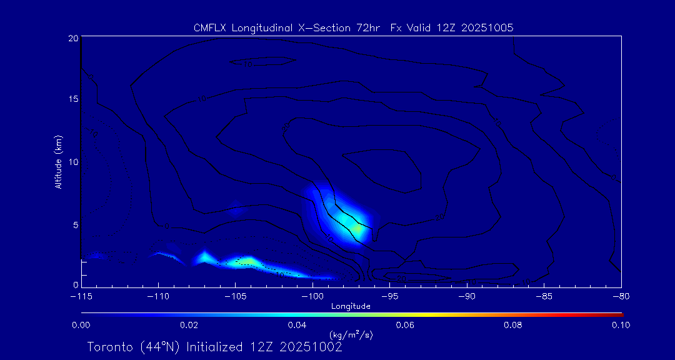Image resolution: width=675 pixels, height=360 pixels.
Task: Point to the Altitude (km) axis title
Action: (x=59, y=162)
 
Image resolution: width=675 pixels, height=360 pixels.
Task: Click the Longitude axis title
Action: (x=351, y=306)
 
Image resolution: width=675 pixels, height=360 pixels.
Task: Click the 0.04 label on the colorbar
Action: (x=297, y=325)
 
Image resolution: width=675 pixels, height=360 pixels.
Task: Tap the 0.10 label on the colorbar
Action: (x=621, y=325)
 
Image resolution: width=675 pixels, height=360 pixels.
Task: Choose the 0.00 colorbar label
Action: (x=81, y=325)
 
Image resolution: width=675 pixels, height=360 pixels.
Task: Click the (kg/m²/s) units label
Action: (x=351, y=335)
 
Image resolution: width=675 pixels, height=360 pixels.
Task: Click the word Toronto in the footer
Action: (x=109, y=347)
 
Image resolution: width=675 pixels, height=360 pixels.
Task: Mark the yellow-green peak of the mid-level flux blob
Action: (x=357, y=228)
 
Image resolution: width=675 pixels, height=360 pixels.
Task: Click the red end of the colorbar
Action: (x=620, y=313)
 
